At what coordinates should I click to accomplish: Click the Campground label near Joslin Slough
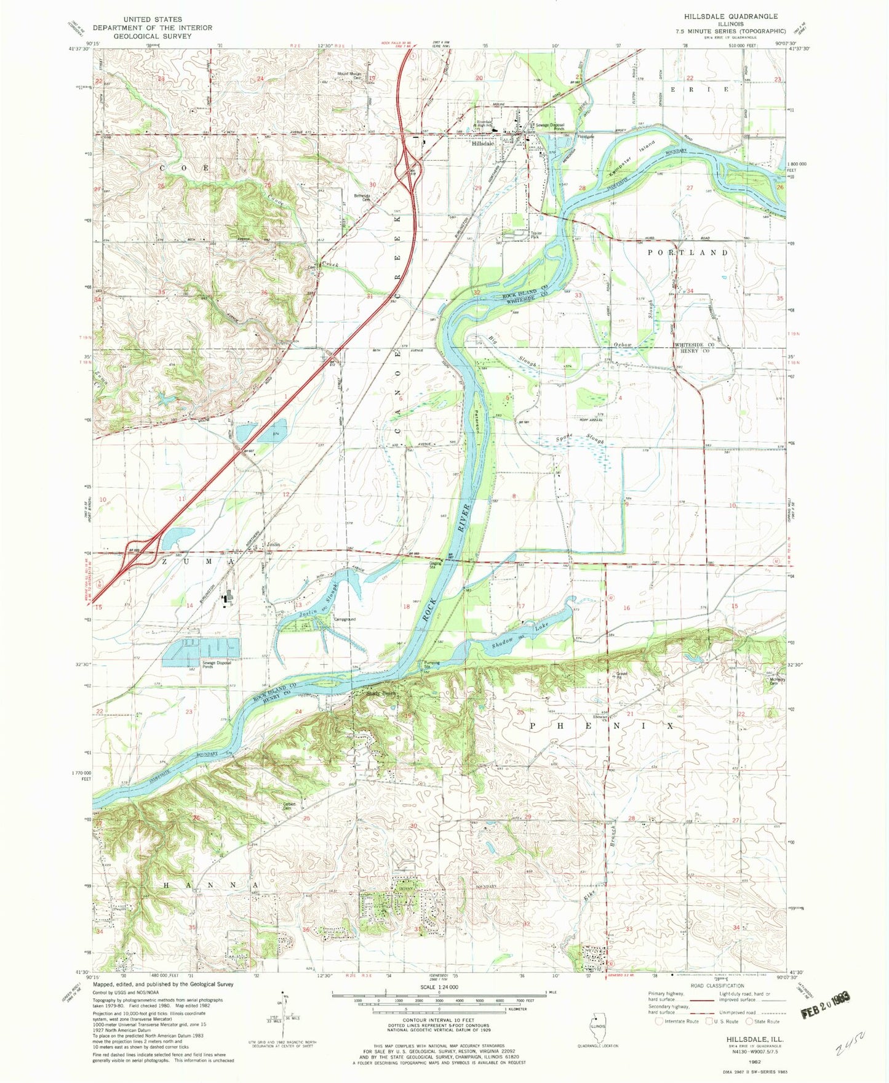point(345,619)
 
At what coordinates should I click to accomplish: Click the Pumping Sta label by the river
point(432,666)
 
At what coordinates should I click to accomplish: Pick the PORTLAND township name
point(688,252)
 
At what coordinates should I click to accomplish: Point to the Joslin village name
point(273,545)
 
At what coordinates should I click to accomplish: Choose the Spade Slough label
point(580,438)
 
